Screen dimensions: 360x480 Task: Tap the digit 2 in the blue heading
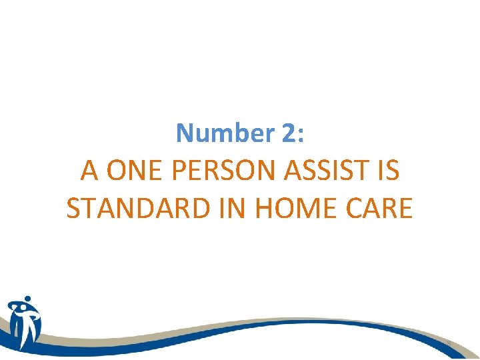pyautogui.click(x=287, y=133)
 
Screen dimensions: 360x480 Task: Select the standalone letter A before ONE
pyautogui.click(x=89, y=171)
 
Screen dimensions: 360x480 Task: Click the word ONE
pyautogui.click(x=134, y=171)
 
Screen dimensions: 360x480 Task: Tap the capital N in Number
pyautogui.click(x=185, y=133)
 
